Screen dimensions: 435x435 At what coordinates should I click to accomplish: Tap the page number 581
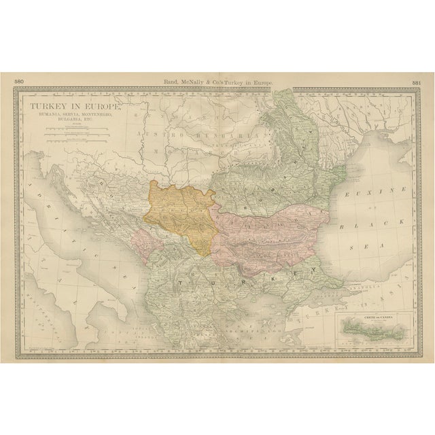[416, 82]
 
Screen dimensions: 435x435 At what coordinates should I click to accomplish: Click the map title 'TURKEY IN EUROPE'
[72, 108]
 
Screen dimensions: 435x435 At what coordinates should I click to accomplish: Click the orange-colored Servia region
[180, 215]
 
